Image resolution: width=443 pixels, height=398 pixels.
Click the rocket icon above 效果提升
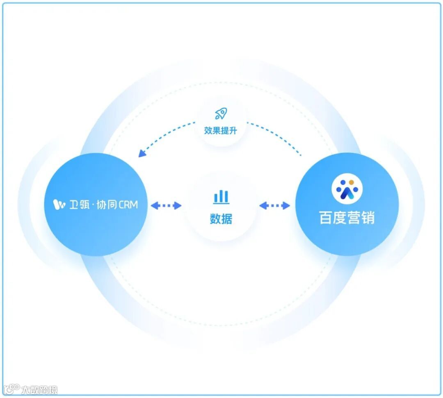coord(221,114)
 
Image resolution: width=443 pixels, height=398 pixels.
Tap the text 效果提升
coord(221,131)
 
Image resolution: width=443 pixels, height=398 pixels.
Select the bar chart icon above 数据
coord(221,197)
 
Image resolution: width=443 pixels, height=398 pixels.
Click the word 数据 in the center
coord(221,218)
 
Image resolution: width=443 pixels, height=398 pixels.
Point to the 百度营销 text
coord(347,218)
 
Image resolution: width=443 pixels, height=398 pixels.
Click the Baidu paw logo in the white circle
coord(347,189)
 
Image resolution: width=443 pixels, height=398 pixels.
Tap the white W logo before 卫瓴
coord(59,204)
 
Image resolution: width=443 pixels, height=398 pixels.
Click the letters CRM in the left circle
coord(128,204)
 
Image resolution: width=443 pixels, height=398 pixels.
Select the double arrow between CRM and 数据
coord(166,205)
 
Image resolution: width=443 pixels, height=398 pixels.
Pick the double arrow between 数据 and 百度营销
coord(275,205)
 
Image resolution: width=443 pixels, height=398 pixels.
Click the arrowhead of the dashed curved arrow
coord(142,153)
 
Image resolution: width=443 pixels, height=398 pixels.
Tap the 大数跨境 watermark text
coord(40,389)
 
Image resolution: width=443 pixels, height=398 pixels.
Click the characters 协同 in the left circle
coord(107,204)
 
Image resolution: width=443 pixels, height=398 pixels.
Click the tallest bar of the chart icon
coord(221,196)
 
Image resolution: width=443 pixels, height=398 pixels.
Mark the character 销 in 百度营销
coord(368,218)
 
